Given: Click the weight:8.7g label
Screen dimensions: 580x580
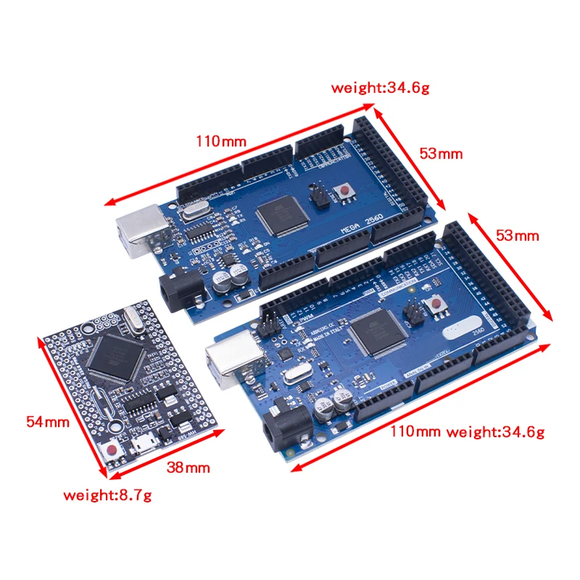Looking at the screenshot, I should tap(108, 496).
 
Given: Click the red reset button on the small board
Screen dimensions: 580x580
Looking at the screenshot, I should tap(113, 450).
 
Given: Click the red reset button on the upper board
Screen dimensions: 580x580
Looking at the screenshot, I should tap(347, 191).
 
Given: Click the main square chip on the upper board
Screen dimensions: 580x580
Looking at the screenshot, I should tap(279, 215).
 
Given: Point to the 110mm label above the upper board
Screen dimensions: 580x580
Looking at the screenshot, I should tap(220, 141).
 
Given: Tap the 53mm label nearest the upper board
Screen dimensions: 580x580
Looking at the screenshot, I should tap(440, 154).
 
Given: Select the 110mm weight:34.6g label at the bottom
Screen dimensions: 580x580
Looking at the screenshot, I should tap(467, 432).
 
